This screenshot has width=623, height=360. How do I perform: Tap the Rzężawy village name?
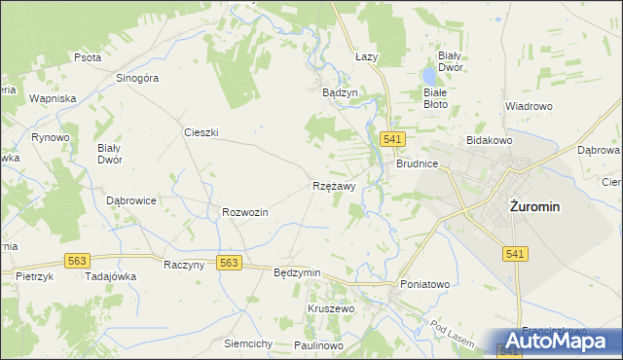click(334, 185)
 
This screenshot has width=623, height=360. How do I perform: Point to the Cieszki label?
click(201, 131)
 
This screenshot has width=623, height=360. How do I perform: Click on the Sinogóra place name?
click(136, 78)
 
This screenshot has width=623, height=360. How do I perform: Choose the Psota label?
click(88, 57)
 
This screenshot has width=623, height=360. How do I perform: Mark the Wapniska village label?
click(53, 99)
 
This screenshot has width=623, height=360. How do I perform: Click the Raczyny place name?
click(184, 264)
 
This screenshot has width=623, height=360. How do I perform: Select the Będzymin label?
click(298, 272)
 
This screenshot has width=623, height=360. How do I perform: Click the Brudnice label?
click(417, 164)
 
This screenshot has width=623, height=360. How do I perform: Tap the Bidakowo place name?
click(489, 141)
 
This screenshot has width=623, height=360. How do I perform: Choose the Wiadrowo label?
click(529, 105)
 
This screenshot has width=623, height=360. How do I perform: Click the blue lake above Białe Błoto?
click(428, 75)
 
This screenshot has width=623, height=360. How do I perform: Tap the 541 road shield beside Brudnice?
click(393, 140)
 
